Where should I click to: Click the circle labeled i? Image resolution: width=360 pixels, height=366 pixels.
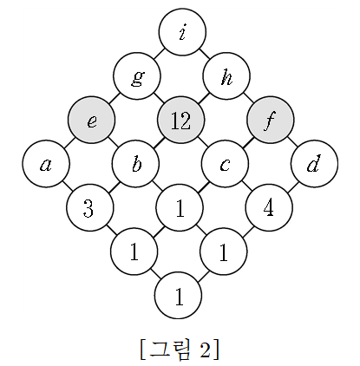click(182, 31)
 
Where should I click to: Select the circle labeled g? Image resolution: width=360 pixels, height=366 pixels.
click(137, 76)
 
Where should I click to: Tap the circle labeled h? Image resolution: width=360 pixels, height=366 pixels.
click(226, 76)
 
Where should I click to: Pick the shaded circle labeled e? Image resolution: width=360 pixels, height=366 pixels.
click(92, 120)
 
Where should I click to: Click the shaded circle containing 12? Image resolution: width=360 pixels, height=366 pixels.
click(181, 120)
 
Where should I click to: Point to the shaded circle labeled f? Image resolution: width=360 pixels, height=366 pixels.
click(271, 120)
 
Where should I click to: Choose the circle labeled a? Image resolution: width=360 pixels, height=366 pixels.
click(46, 164)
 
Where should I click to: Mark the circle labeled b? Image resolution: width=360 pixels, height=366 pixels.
click(136, 164)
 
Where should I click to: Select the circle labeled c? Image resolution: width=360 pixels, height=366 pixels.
click(226, 164)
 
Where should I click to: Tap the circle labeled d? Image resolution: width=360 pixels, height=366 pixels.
click(315, 164)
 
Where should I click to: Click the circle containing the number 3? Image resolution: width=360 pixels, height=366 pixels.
click(90, 207)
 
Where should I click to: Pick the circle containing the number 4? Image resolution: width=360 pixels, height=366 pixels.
click(269, 207)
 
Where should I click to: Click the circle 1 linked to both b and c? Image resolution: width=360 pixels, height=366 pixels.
click(180, 207)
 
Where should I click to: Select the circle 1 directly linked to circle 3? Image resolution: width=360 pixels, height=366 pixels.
click(134, 252)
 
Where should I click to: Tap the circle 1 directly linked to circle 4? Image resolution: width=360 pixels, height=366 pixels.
click(224, 252)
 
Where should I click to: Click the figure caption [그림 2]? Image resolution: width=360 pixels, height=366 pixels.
click(180, 349)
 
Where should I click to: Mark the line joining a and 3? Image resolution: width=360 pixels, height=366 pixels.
click(68, 186)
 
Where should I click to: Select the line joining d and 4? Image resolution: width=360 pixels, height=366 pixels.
click(291, 186)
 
